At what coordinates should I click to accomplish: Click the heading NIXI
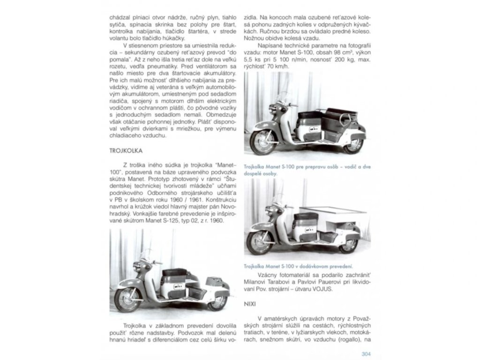pos(250,303)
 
